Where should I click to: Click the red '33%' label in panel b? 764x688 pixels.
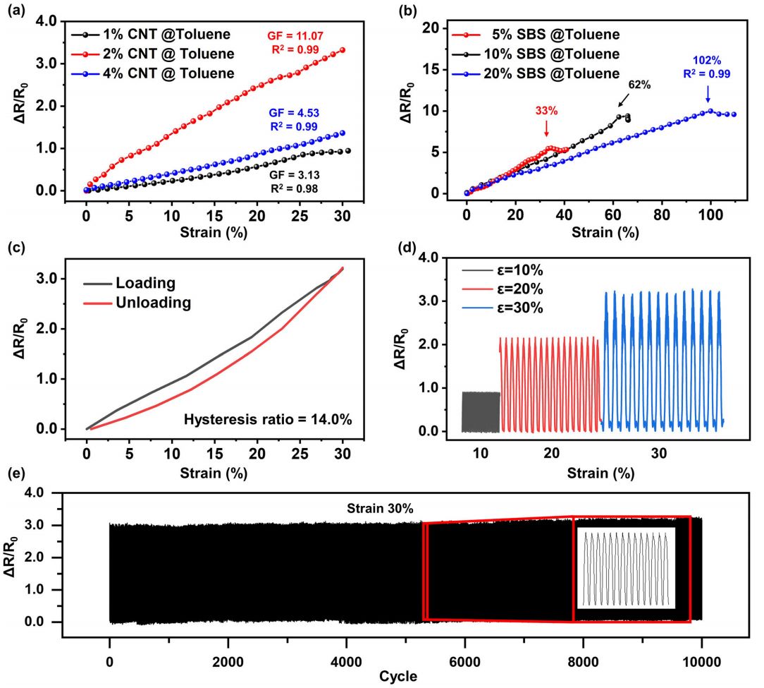tap(547, 111)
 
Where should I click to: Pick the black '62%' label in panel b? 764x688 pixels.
tap(639, 85)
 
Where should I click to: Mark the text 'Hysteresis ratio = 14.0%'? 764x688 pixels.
tap(268, 420)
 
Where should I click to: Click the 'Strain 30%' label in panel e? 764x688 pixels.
tap(375, 507)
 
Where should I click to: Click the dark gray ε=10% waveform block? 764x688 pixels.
tap(481, 412)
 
